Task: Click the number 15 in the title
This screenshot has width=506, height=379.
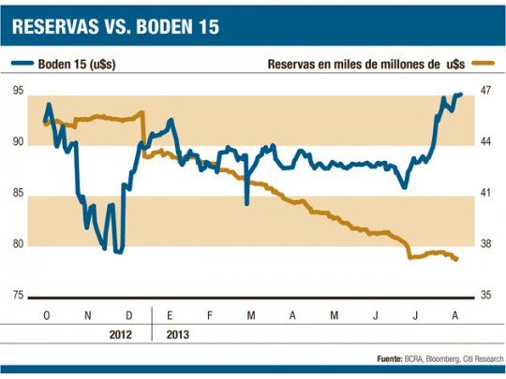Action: [205, 27]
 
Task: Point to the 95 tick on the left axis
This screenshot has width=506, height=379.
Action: [18, 90]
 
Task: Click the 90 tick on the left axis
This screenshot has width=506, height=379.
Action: [18, 141]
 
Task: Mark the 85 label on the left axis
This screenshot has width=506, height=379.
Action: [18, 193]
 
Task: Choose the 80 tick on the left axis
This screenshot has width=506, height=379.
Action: [18, 244]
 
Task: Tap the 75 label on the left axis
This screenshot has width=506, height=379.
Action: [18, 296]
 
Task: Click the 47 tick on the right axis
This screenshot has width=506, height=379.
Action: [486, 90]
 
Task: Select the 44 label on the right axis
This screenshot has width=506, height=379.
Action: [486, 141]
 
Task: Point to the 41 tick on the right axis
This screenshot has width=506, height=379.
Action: [486, 193]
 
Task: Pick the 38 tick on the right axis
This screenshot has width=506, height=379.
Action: [486, 244]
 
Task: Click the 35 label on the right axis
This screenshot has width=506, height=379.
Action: [486, 296]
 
